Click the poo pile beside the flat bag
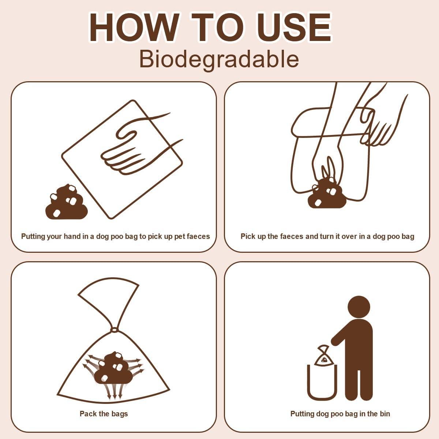click(66, 203)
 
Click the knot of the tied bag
click(114, 330)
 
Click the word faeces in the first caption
click(198, 236)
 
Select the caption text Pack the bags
click(104, 414)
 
